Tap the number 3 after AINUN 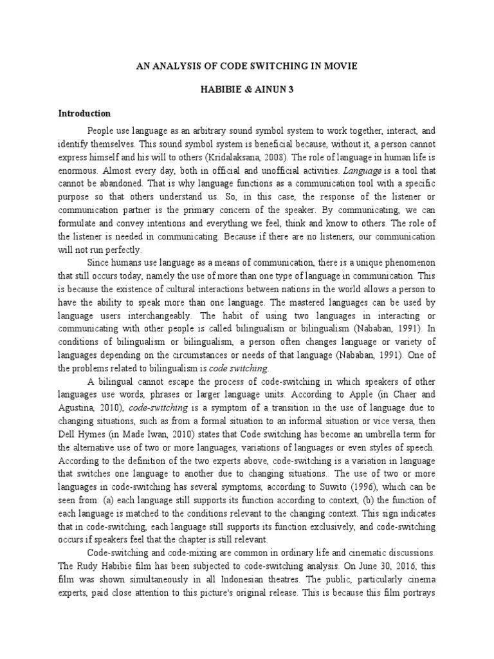point(291,90)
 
